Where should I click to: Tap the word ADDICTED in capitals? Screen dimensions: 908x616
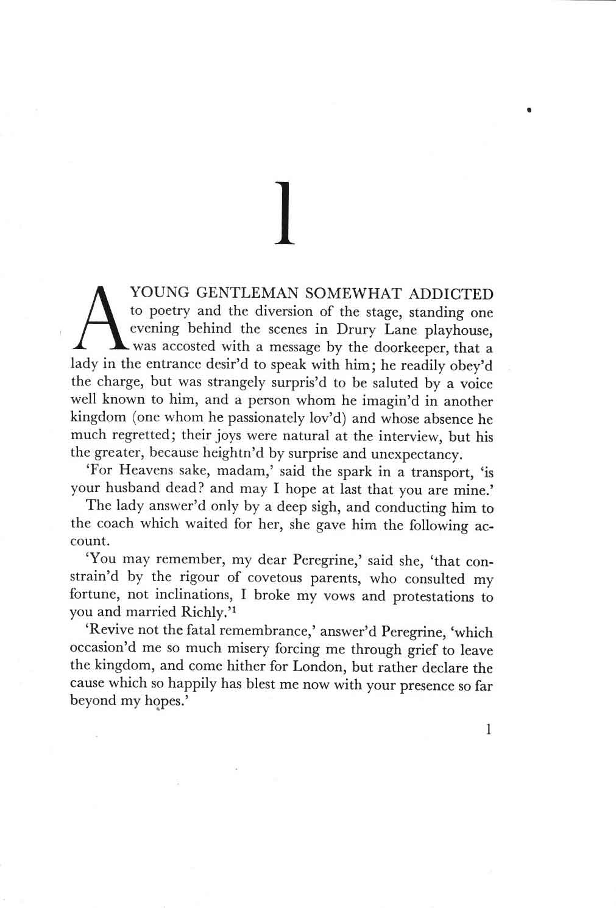coord(451,295)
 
